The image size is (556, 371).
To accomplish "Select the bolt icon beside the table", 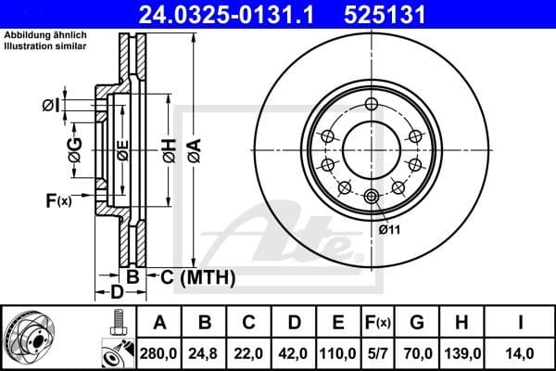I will point(118,323).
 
